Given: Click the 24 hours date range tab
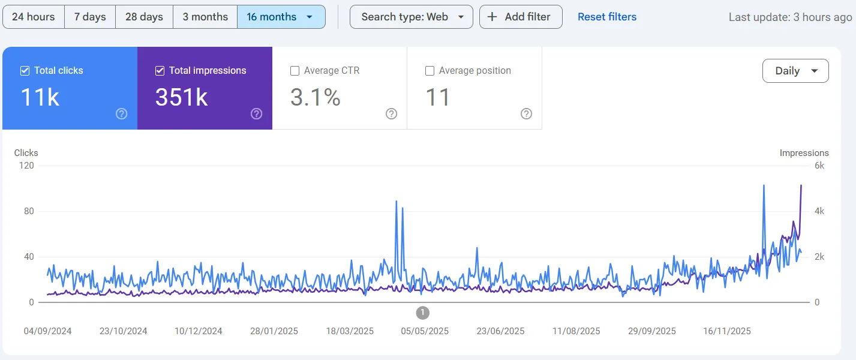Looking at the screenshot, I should click(33, 17).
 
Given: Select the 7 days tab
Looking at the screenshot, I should click(90, 17).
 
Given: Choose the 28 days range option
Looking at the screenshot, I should click(144, 17).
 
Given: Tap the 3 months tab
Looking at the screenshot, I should click(205, 17).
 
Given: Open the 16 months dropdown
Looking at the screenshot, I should click(281, 17).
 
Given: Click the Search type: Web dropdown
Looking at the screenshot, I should click(412, 17).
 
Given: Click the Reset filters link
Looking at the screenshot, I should click(607, 17).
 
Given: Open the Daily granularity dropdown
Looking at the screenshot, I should click(795, 71).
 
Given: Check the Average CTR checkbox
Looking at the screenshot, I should click(295, 71).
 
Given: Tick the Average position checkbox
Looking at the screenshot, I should click(429, 71).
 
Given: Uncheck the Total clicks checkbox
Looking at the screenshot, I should click(25, 71).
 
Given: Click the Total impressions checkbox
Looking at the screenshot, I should click(160, 71).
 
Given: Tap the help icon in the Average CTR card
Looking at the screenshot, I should click(392, 114).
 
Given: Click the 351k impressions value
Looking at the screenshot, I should click(182, 97).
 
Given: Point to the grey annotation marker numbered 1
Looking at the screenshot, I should click(423, 313).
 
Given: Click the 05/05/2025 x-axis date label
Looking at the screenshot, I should click(425, 331).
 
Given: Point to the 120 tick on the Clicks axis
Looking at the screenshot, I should click(26, 166).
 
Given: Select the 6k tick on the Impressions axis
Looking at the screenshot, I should click(819, 166).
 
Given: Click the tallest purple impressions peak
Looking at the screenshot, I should click(801, 186).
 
